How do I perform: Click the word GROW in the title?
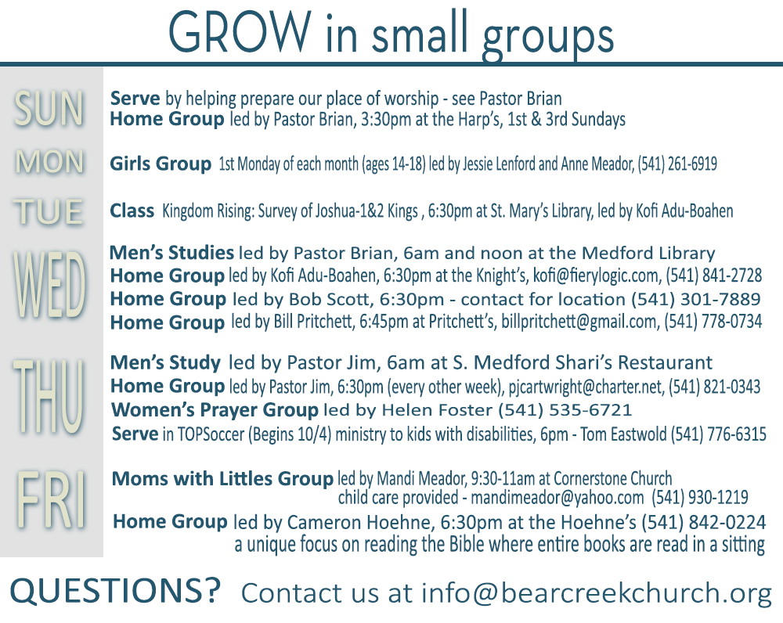click(240, 32)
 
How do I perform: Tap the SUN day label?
click(49, 109)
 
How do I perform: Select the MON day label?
click(49, 162)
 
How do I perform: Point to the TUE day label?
click(48, 211)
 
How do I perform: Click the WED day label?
click(49, 285)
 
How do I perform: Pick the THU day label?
click(49, 396)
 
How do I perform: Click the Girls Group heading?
click(161, 164)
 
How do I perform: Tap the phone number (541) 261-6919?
click(677, 164)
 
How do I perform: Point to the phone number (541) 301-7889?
click(695, 299)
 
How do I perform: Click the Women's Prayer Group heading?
click(215, 410)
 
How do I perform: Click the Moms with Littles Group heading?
click(222, 479)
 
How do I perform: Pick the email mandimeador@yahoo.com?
click(557, 498)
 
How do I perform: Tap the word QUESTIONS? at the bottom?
click(115, 591)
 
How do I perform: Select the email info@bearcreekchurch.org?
click(597, 593)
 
